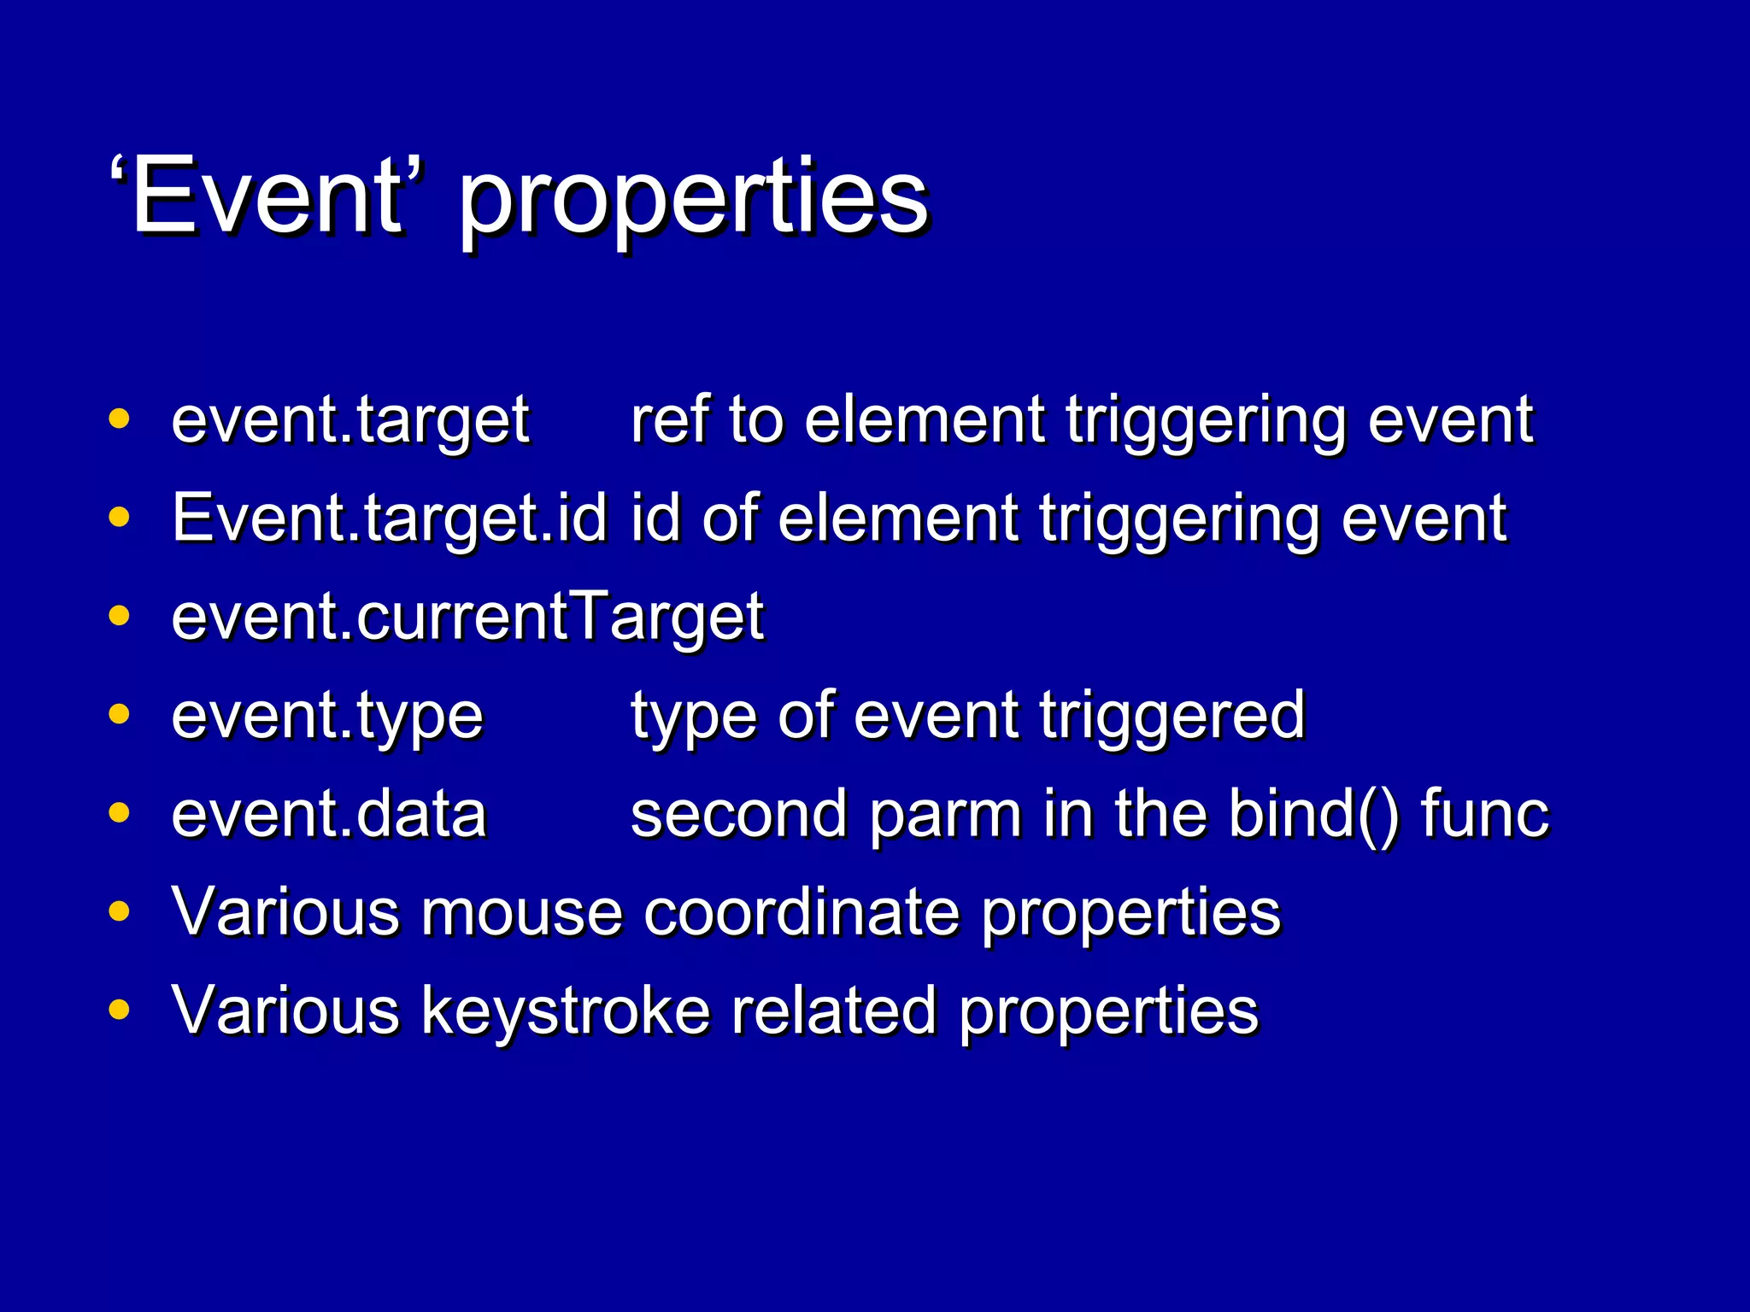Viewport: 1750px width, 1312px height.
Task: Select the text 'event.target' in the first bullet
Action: tap(350, 422)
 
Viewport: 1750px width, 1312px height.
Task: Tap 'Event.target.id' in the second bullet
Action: tap(390, 519)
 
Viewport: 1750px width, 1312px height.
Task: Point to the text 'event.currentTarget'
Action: tap(467, 617)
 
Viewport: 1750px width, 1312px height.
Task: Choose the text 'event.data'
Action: tap(329, 814)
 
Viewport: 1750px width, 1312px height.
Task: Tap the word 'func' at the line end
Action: tap(1484, 814)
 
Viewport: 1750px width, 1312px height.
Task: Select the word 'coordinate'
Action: tap(802, 912)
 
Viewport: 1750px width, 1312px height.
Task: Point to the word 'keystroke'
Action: tap(566, 1011)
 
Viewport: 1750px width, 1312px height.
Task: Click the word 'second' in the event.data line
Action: tap(739, 814)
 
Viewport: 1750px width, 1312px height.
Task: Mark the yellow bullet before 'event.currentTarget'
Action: tap(120, 616)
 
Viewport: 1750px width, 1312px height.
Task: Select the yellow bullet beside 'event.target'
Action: tap(120, 419)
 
